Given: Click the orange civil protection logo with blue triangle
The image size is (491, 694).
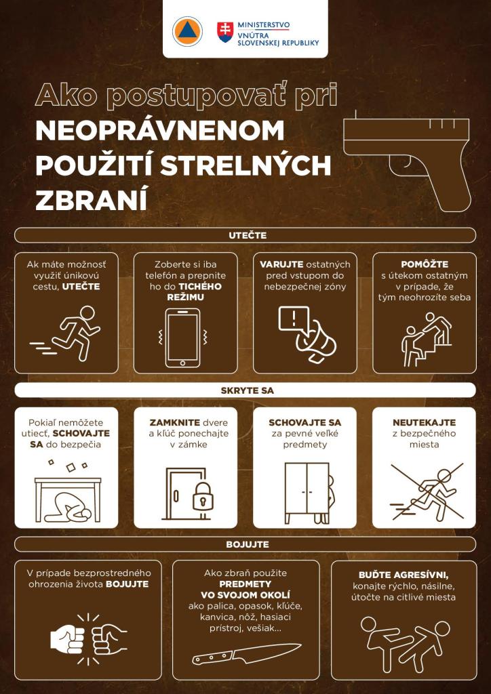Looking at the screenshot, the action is (187, 31).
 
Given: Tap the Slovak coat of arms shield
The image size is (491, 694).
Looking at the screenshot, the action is (225, 32).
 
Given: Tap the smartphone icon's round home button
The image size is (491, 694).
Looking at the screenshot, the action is (182, 363).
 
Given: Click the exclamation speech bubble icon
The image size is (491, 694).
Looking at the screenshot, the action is (294, 319).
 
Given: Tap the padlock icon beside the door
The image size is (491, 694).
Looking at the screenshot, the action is (203, 496).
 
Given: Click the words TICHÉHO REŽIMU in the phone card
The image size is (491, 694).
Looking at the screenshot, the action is (195, 291).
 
